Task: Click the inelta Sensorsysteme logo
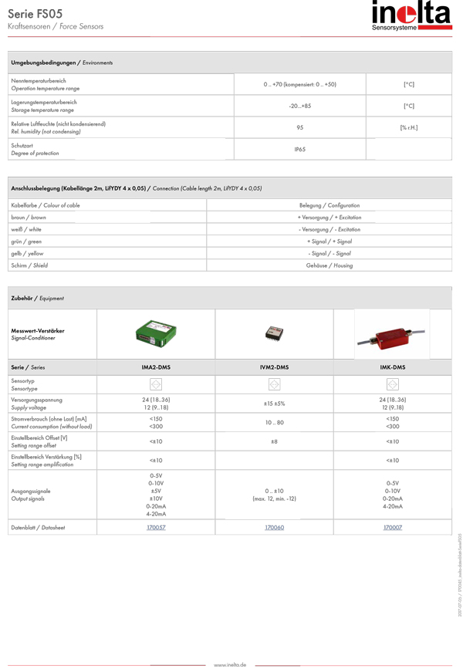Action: click(x=411, y=18)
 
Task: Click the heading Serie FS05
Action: click(x=35, y=13)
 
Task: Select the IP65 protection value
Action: click(x=299, y=149)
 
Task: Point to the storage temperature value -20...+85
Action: click(x=299, y=106)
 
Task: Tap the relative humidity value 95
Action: click(x=299, y=127)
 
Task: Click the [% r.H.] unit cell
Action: click(x=408, y=127)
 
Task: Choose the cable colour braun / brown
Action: click(x=29, y=218)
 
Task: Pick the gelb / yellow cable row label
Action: click(x=27, y=253)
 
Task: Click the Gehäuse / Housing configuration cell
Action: click(x=330, y=265)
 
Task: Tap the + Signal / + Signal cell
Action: click(x=330, y=242)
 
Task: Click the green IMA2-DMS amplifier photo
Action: click(x=156, y=333)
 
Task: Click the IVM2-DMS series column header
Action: click(x=274, y=367)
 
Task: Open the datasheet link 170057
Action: click(x=156, y=528)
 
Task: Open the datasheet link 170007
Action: click(x=393, y=528)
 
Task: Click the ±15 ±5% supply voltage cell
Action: click(x=274, y=404)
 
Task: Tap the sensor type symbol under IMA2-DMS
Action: click(x=156, y=383)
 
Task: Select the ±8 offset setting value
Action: click(x=274, y=441)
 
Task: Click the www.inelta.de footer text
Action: click(x=230, y=664)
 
